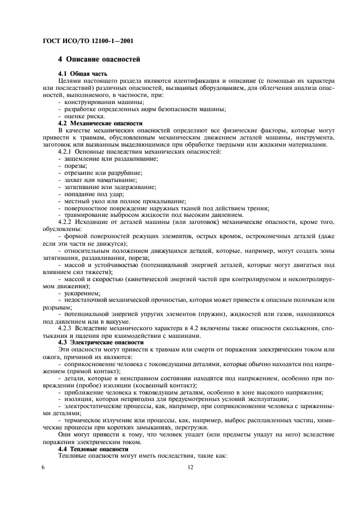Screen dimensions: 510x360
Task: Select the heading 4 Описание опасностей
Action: pyautogui.click(x=100, y=59)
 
